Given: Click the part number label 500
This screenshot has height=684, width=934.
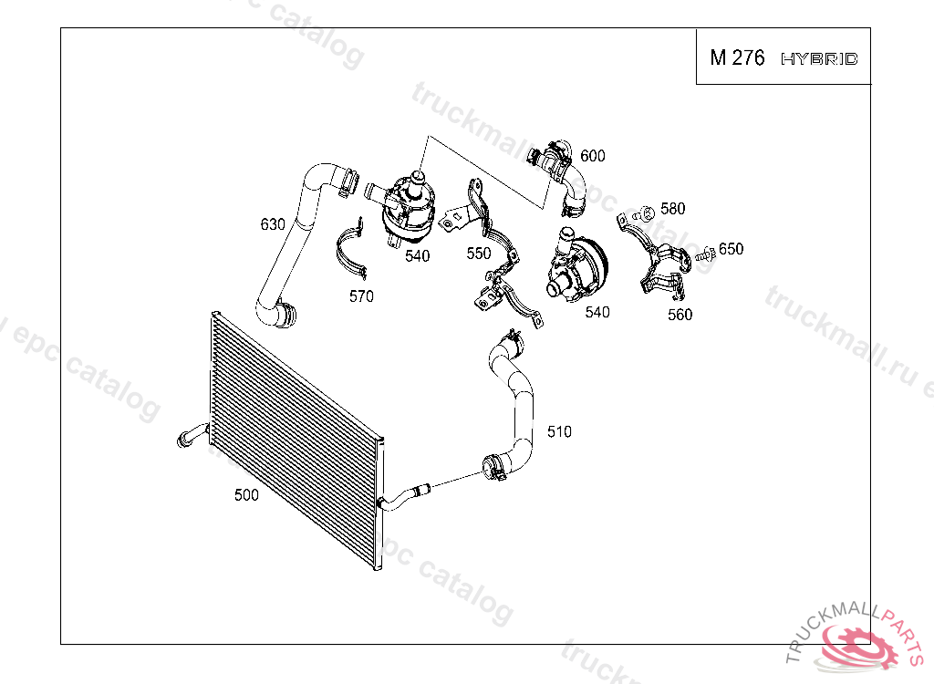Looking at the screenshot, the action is pos(246,495).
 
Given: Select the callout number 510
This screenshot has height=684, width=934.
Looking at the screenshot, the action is pos(559,431).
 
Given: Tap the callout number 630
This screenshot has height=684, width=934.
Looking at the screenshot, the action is pos(273,223).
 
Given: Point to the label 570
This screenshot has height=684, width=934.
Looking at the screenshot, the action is pos(361,296).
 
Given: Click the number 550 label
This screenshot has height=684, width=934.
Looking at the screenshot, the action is pos(479,254).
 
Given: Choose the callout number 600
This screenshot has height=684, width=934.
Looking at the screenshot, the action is pos(592,156).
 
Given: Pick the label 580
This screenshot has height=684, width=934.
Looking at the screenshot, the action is pos(672,209).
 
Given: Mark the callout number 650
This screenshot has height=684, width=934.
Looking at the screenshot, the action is pos(731,249).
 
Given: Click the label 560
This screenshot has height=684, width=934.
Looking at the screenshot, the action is pos(680,315).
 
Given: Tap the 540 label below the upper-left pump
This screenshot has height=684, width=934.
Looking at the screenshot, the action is pos(417,256).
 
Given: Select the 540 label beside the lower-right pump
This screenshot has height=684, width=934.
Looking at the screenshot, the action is pos(597,313).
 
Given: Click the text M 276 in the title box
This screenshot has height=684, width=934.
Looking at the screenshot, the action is pos(737,58).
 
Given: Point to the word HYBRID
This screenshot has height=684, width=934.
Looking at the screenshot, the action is pos(819,59).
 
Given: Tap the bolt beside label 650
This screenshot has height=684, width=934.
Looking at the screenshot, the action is pos(704,258).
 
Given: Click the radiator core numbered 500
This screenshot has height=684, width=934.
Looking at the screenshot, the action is pos(292,438).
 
